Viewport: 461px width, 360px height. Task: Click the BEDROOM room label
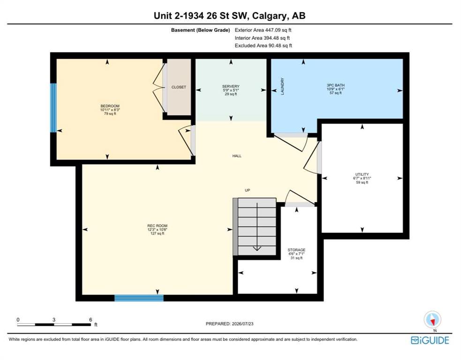click(x=110, y=106)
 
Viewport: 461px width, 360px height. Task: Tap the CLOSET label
click(x=179, y=87)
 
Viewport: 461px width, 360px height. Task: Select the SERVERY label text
click(x=231, y=86)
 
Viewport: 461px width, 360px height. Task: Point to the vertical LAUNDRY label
click(x=282, y=86)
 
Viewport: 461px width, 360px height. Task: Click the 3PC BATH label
click(x=335, y=85)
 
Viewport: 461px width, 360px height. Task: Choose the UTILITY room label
click(x=362, y=174)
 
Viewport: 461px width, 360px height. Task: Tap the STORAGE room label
click(x=296, y=250)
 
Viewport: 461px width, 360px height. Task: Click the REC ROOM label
click(x=157, y=225)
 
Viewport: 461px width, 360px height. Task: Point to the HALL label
click(x=237, y=156)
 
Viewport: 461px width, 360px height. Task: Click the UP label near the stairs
click(x=248, y=190)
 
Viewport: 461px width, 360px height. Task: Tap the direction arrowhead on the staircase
click(x=257, y=248)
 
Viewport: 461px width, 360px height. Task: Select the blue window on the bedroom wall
click(x=53, y=108)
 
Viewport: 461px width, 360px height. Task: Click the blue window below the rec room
click(x=139, y=298)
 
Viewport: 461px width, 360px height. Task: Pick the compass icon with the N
click(x=432, y=319)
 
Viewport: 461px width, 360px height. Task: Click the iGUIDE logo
click(x=430, y=340)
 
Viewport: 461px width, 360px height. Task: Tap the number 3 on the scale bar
click(x=54, y=320)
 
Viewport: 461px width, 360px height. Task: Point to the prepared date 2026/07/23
click(x=242, y=323)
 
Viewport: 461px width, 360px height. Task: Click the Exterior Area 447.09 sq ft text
click(x=263, y=30)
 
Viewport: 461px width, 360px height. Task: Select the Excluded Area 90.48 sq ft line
click(x=264, y=45)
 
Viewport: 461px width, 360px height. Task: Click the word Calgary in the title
click(x=269, y=16)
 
